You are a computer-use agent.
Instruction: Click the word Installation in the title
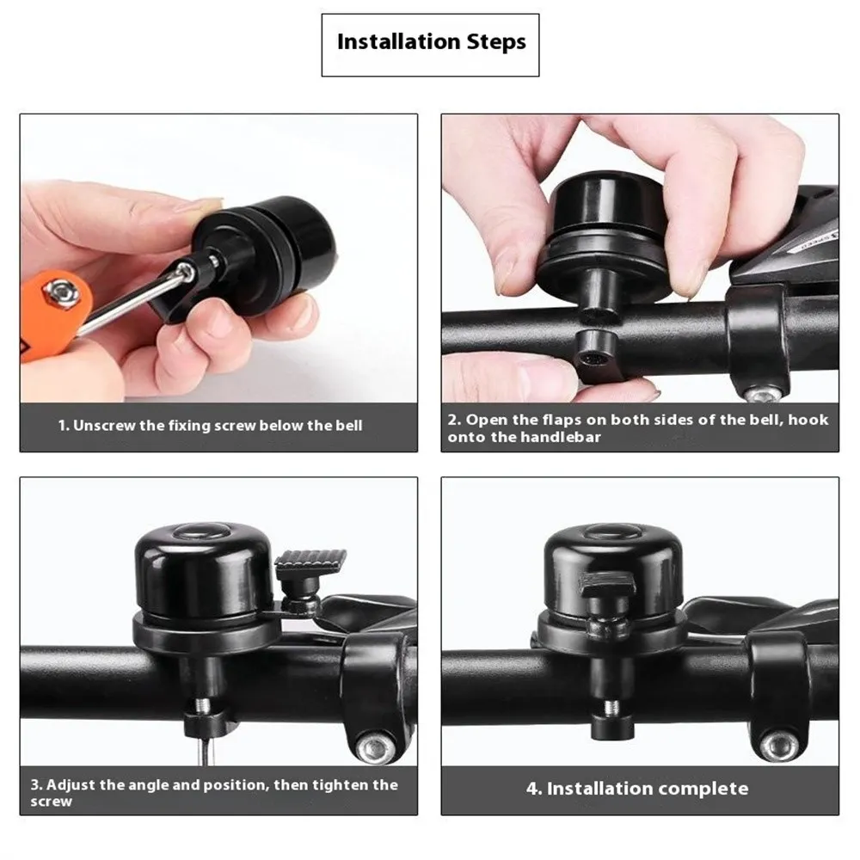pos(399,41)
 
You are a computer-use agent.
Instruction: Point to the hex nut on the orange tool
pos(60,293)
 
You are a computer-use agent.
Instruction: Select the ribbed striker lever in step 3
pos(310,561)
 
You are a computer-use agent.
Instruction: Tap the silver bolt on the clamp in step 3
pos(377,747)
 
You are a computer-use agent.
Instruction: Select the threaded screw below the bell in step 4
pos(612,709)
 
